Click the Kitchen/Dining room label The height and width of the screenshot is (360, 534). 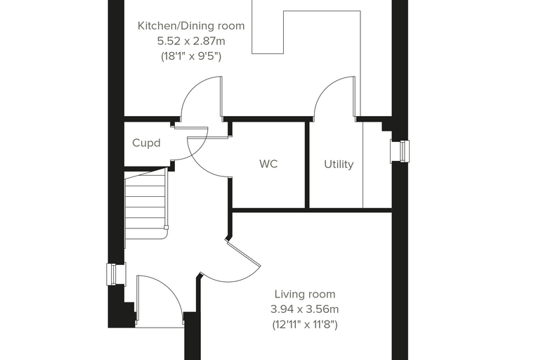191,26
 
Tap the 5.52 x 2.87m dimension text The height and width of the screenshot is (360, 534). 191,41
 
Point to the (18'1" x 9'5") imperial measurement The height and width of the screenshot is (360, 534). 191,56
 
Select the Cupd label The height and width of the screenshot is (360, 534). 146,143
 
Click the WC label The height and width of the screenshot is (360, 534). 268,164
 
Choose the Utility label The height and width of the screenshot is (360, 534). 339,165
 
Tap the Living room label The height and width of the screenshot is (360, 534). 305,294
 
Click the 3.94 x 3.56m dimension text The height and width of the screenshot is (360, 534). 304,309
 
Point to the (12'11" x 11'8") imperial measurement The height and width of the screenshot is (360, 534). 305,325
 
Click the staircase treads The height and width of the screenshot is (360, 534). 145,208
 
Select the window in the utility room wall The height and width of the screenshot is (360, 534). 400,151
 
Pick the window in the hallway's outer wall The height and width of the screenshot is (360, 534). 116,274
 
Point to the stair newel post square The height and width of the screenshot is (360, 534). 167,227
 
